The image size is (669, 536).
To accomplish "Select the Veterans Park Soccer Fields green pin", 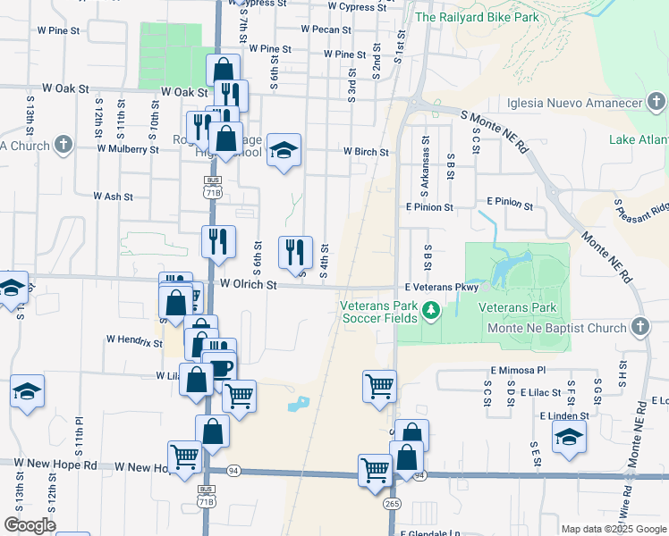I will click(431, 311).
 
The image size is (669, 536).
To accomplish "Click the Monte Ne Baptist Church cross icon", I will click(640, 327).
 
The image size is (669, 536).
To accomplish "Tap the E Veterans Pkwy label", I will click(442, 288).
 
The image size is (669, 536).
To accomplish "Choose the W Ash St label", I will click(113, 196).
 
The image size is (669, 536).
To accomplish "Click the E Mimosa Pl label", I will click(517, 369).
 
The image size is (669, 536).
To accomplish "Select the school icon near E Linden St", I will click(569, 437).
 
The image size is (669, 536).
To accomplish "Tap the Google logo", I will click(30, 525).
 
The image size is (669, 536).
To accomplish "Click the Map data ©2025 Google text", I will click(614, 529).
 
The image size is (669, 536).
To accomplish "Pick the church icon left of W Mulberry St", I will click(64, 145).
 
